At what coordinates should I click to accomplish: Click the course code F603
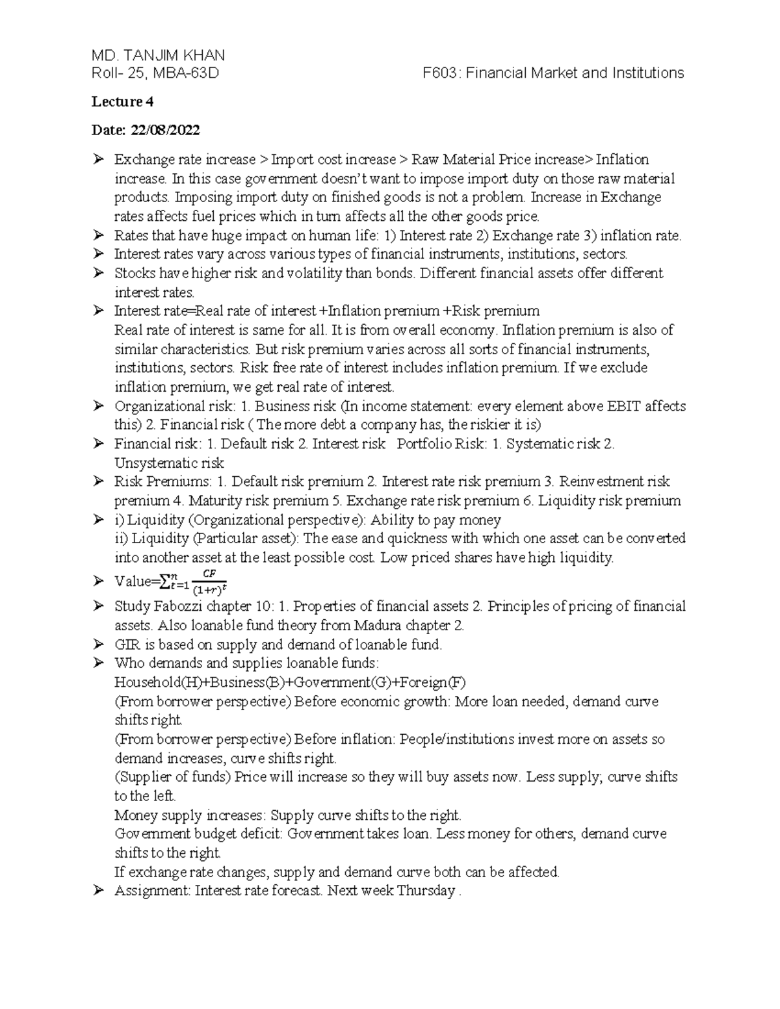point(441,73)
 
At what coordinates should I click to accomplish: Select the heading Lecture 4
point(122,101)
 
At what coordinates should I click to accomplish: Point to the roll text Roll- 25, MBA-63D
point(155,73)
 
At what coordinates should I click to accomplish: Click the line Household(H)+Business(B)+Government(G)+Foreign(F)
point(290,682)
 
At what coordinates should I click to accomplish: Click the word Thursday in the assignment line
point(426,890)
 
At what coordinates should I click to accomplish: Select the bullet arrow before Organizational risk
point(98,406)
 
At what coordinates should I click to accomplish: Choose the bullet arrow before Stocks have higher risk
point(98,273)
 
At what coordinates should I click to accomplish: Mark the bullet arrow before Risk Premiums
point(98,481)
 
